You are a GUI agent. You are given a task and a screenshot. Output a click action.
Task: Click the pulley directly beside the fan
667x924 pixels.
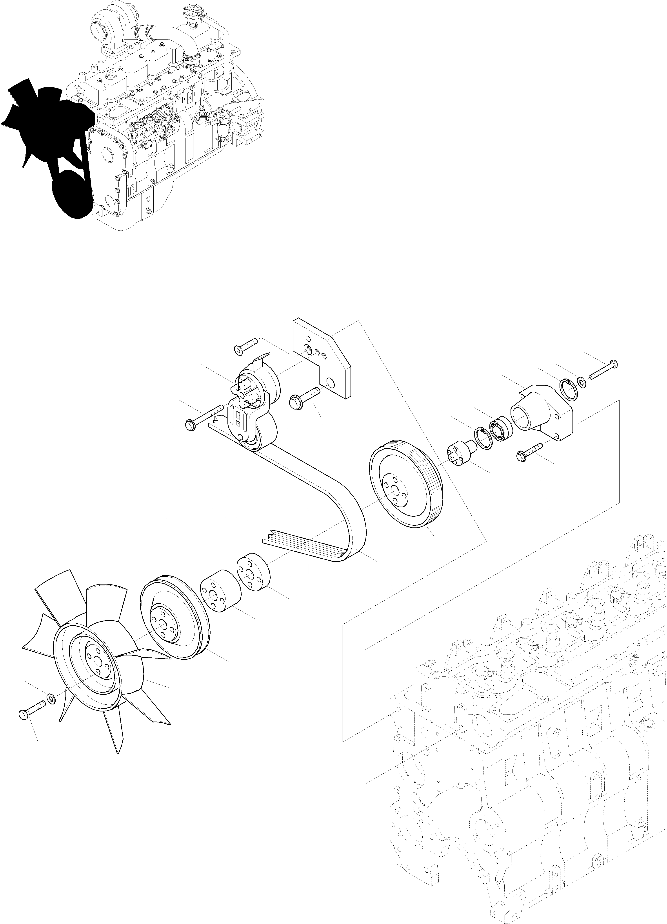coord(173,623)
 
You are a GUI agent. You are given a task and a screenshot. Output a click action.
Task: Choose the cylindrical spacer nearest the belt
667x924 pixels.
coord(252,572)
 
